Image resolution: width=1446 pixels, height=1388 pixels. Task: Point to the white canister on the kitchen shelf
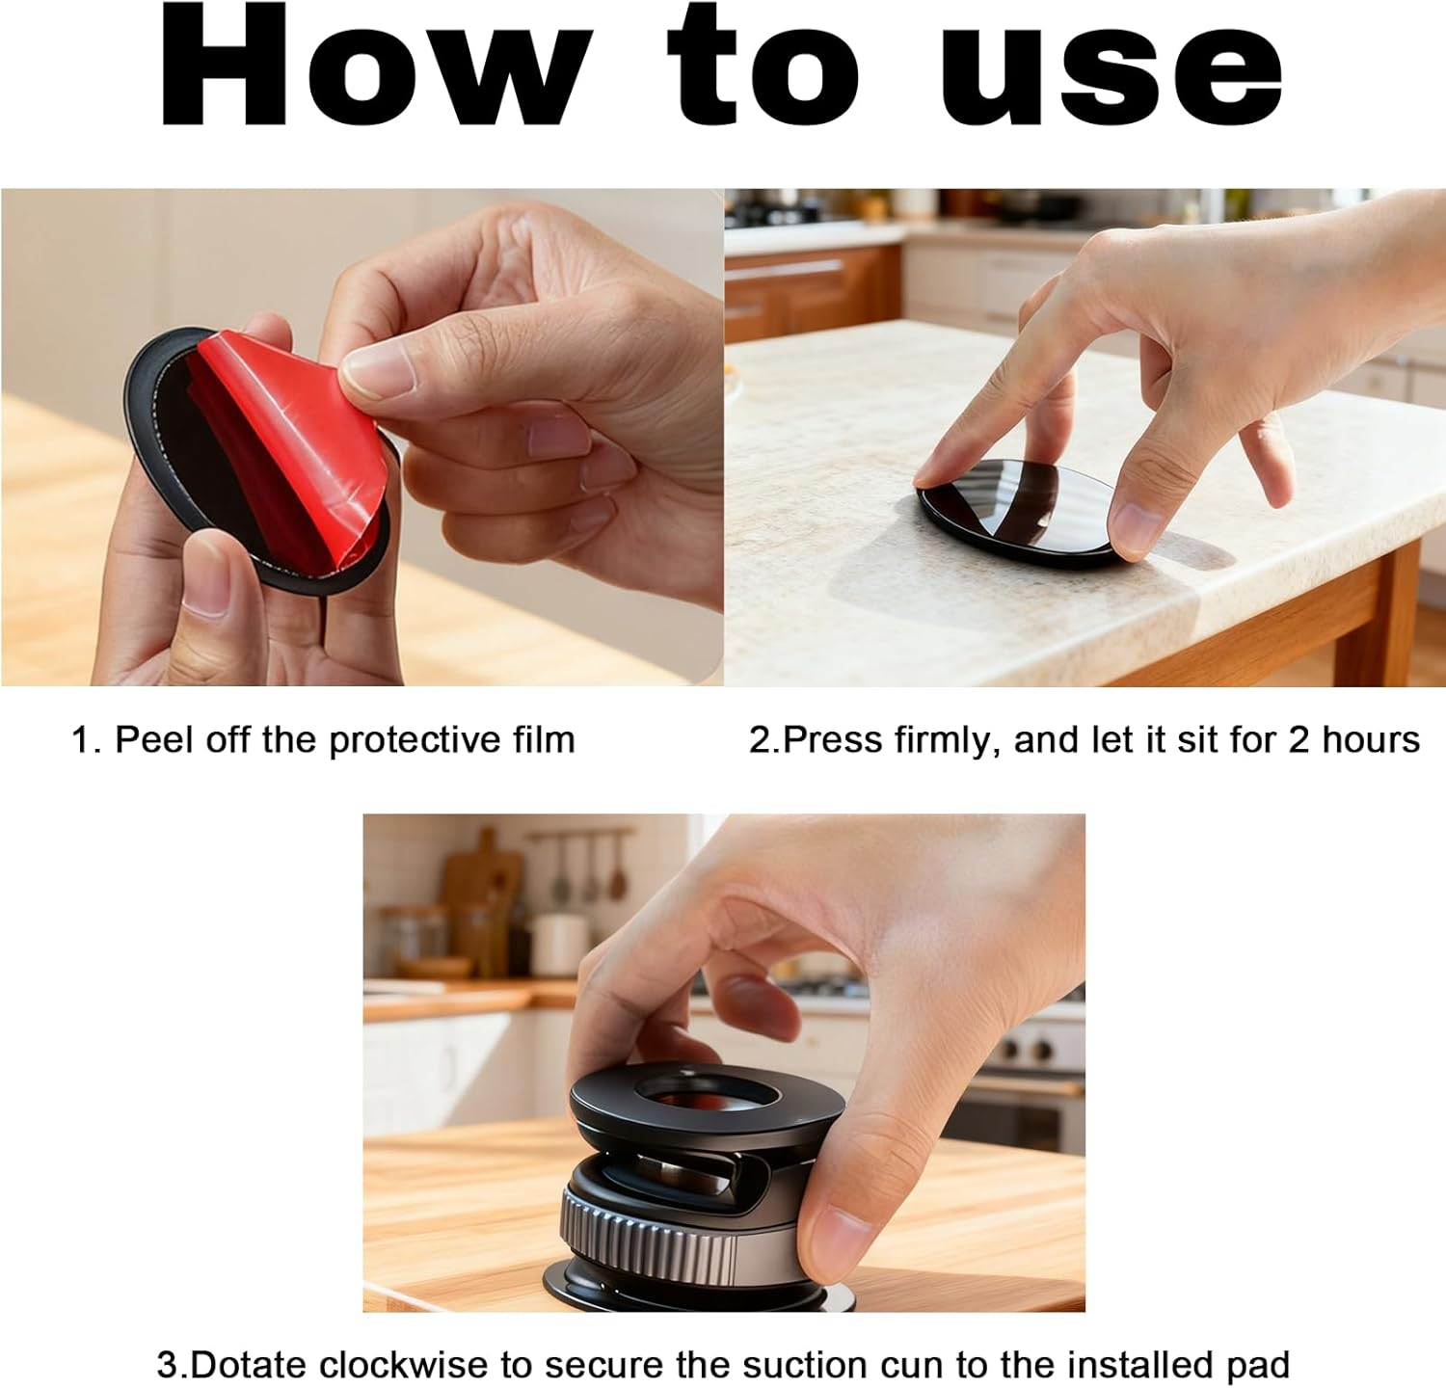[x=559, y=945]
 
